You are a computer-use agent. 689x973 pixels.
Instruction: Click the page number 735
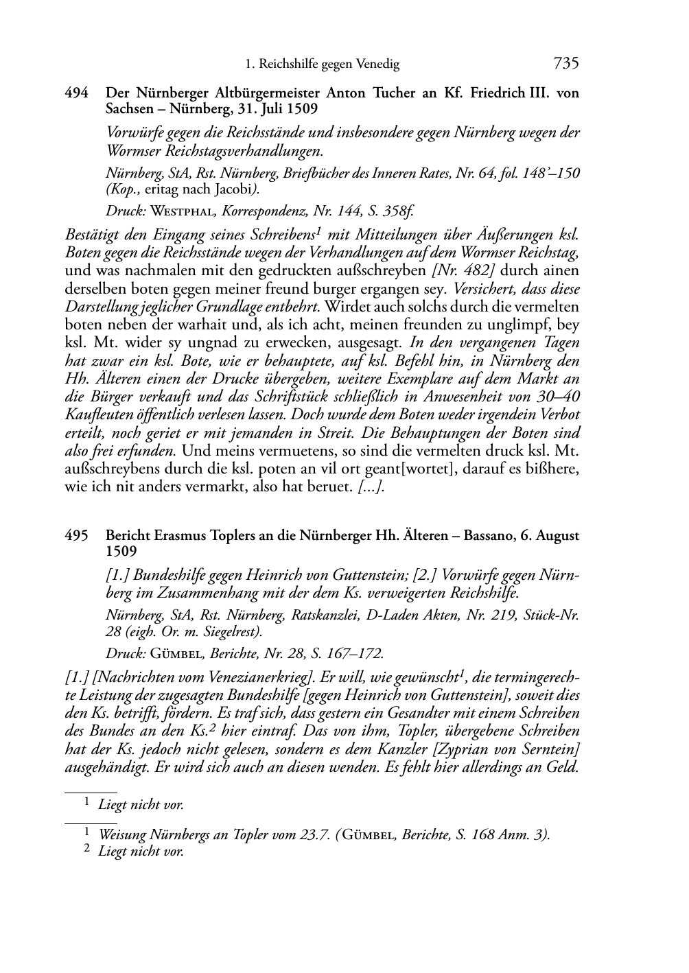566,64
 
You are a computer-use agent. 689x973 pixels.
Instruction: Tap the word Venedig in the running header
377,65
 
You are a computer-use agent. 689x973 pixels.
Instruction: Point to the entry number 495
76,536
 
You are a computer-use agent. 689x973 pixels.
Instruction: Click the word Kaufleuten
97,415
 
